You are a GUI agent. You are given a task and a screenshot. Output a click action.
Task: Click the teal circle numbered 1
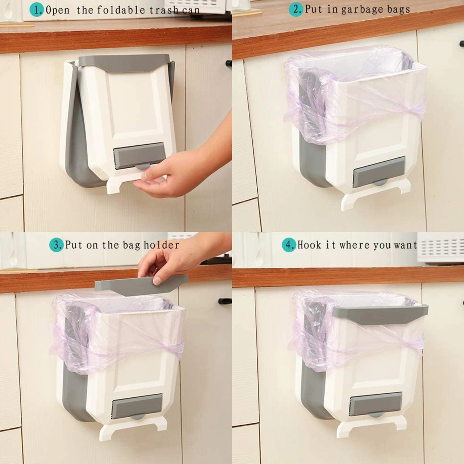37,10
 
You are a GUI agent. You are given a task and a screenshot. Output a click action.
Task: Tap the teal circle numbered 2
296,10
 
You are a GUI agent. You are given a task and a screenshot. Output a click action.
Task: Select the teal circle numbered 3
56,245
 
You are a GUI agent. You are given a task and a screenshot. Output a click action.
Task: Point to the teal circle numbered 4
289,245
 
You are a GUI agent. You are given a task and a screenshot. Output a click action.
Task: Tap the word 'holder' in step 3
162,245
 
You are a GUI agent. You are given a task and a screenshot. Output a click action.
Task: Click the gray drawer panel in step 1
138,156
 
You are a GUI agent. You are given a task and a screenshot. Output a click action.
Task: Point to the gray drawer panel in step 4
376,403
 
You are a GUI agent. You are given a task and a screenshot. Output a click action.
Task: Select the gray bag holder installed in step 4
380,314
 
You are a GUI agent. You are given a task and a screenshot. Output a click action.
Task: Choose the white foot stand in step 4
372,426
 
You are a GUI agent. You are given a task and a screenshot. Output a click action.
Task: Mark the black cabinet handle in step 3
225,301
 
